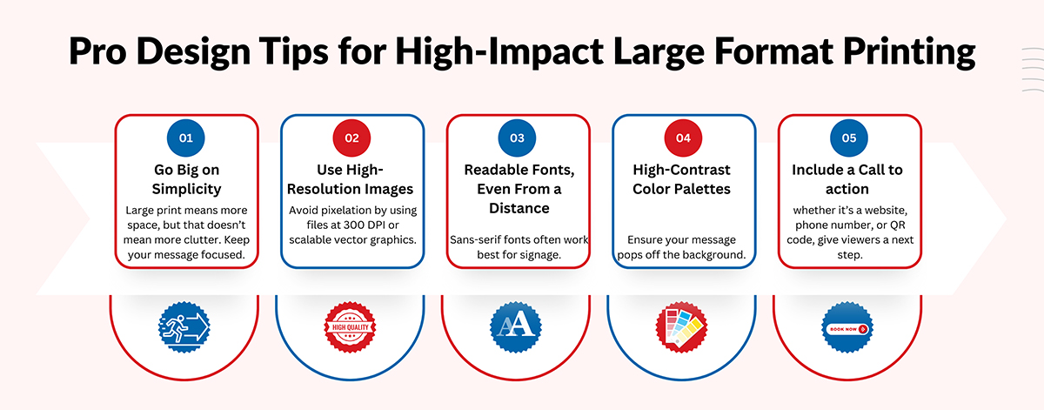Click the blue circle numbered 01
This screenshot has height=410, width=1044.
click(185, 138)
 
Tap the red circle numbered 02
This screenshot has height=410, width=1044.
click(351, 138)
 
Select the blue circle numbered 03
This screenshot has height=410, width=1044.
click(517, 138)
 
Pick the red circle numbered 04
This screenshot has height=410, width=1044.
click(683, 138)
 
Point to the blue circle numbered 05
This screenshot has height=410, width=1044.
click(849, 138)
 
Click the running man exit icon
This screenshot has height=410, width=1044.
click(184, 327)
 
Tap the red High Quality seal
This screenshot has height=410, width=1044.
click(350, 327)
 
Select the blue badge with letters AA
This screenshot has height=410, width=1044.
click(515, 327)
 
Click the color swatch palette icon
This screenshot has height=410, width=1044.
click(681, 327)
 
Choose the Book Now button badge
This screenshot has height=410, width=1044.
click(847, 327)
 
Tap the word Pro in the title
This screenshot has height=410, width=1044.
click(97, 50)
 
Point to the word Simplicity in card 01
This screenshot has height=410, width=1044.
click(186, 190)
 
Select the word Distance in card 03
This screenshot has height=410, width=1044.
click(519, 208)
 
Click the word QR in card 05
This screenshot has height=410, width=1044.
click(898, 225)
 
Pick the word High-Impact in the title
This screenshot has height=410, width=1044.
click(499, 51)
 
